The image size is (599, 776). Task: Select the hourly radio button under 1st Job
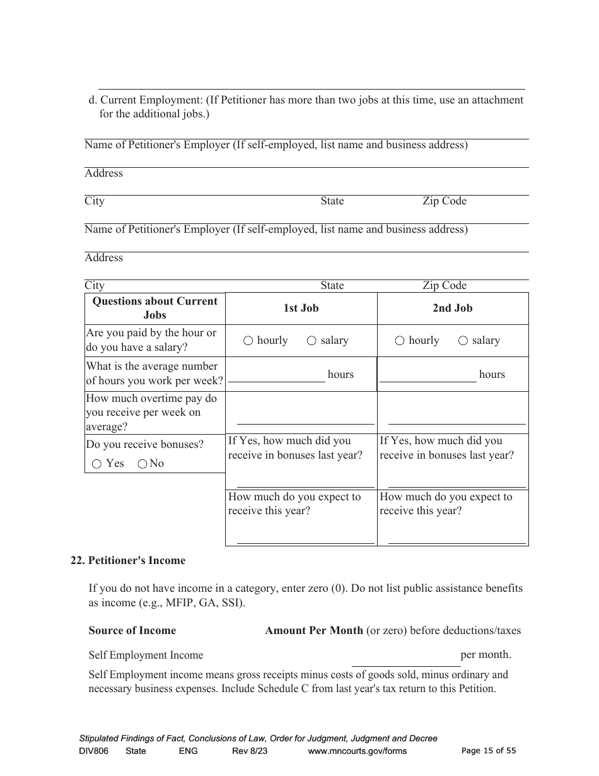248,341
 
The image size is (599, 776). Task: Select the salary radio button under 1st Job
311,341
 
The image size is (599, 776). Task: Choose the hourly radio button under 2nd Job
400,341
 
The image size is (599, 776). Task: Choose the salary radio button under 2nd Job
463,341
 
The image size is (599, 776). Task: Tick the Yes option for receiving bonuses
96,464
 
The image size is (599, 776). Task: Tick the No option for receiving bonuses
142,464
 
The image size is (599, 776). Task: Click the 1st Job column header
301,309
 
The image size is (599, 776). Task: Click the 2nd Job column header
452,309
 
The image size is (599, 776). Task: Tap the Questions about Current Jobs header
154,308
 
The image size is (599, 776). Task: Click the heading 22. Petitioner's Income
128,560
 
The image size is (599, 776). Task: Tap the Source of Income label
132,630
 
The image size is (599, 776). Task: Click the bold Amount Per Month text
314,630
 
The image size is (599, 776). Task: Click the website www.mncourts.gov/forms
358,751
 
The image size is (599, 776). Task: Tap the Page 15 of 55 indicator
489,751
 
